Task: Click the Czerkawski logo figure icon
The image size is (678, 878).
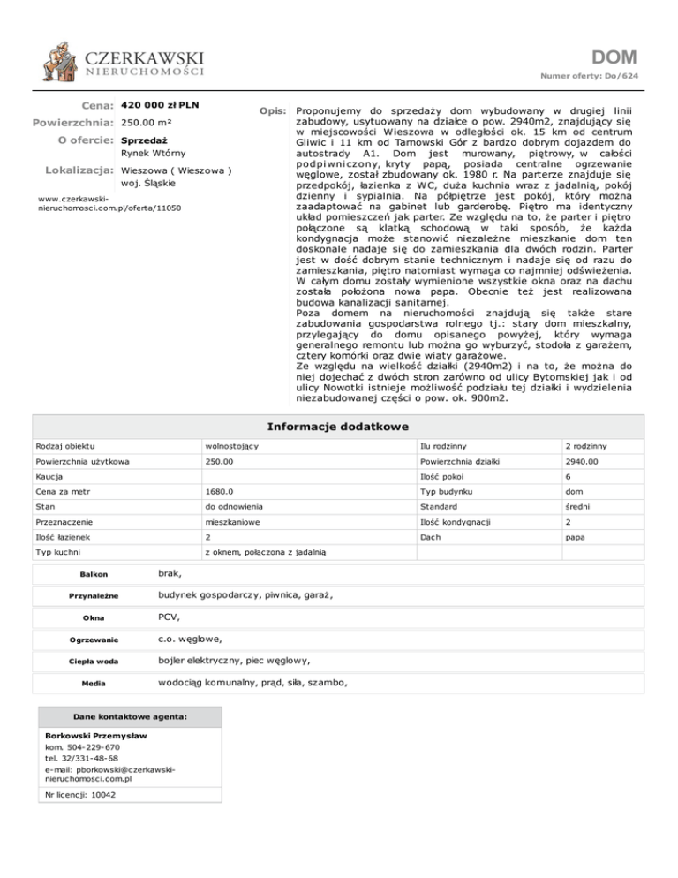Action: click(x=61, y=61)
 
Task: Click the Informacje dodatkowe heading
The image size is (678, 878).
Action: click(x=339, y=427)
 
